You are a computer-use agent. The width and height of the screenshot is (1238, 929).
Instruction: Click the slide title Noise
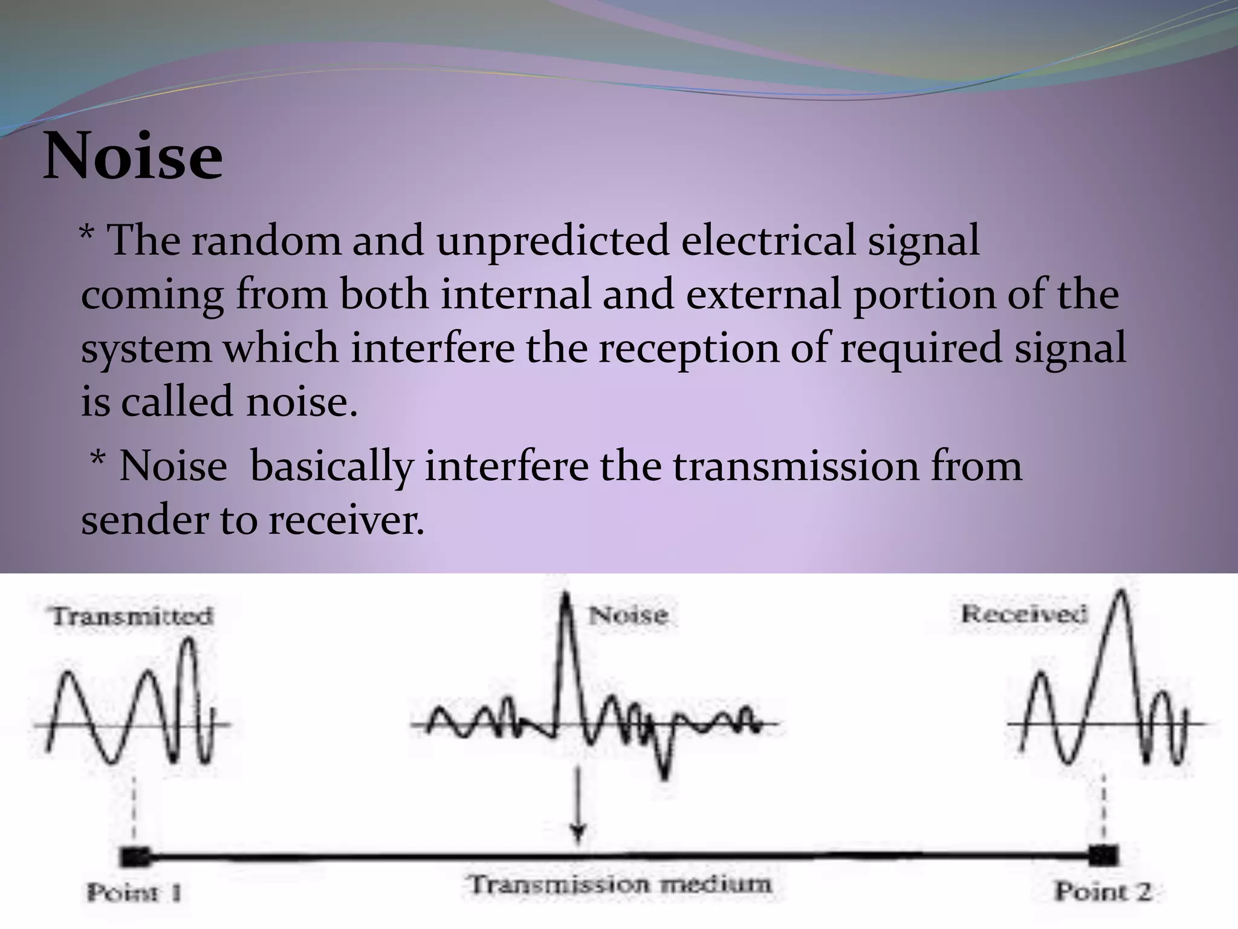(x=133, y=156)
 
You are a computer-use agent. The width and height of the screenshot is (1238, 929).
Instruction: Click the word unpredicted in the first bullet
(x=553, y=241)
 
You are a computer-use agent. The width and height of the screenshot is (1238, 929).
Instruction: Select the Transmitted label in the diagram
(x=132, y=616)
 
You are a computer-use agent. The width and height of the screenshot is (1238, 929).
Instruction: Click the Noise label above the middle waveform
(x=628, y=615)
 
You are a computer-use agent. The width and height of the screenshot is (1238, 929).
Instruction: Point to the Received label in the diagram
(x=1024, y=614)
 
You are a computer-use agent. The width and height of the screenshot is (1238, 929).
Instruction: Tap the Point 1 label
(x=134, y=892)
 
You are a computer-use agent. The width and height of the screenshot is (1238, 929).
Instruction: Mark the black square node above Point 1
(x=134, y=857)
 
